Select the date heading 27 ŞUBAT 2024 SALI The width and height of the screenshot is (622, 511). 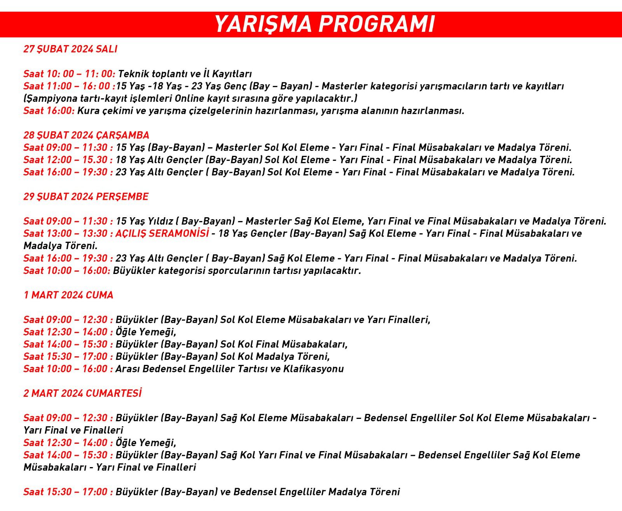(x=70, y=49)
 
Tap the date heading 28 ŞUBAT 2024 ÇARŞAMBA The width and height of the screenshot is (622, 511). (x=86, y=135)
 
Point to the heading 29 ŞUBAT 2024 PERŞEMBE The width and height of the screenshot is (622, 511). (x=86, y=197)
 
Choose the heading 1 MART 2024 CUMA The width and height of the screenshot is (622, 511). (x=68, y=295)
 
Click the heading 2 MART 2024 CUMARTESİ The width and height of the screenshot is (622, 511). (x=82, y=393)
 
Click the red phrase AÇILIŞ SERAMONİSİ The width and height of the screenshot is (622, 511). (x=162, y=233)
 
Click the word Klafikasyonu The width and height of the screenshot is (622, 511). (x=313, y=369)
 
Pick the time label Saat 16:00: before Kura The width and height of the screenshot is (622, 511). (x=49, y=111)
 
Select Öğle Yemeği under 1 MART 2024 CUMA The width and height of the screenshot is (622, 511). (x=146, y=332)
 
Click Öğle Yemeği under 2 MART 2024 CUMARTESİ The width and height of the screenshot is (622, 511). (x=146, y=443)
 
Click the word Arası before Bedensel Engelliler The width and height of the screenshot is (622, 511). (x=128, y=369)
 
